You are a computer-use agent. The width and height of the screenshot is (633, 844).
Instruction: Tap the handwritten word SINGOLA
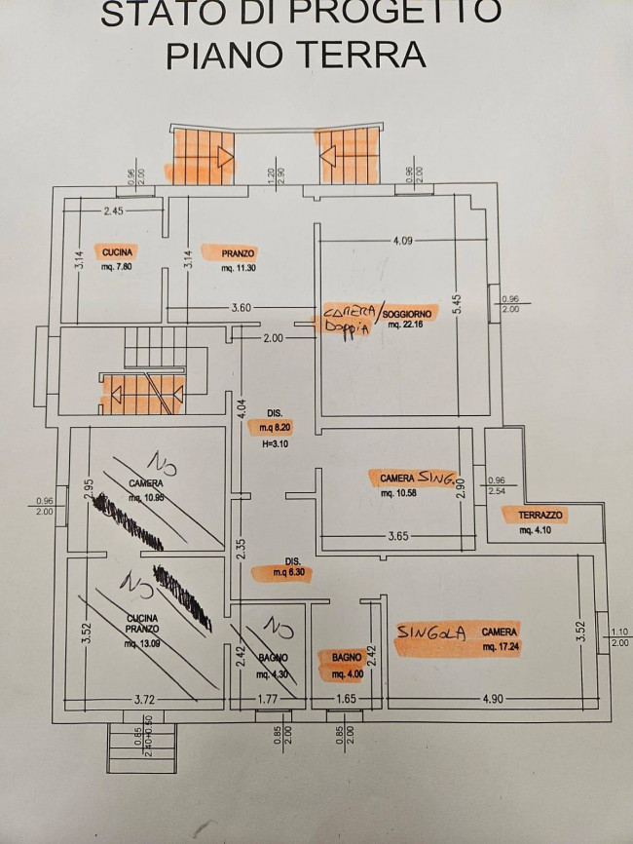429,631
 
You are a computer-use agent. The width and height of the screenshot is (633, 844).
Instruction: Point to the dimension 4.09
403,241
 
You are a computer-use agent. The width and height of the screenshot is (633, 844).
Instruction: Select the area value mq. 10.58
399,493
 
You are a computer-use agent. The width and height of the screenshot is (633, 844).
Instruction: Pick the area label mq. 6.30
281,575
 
